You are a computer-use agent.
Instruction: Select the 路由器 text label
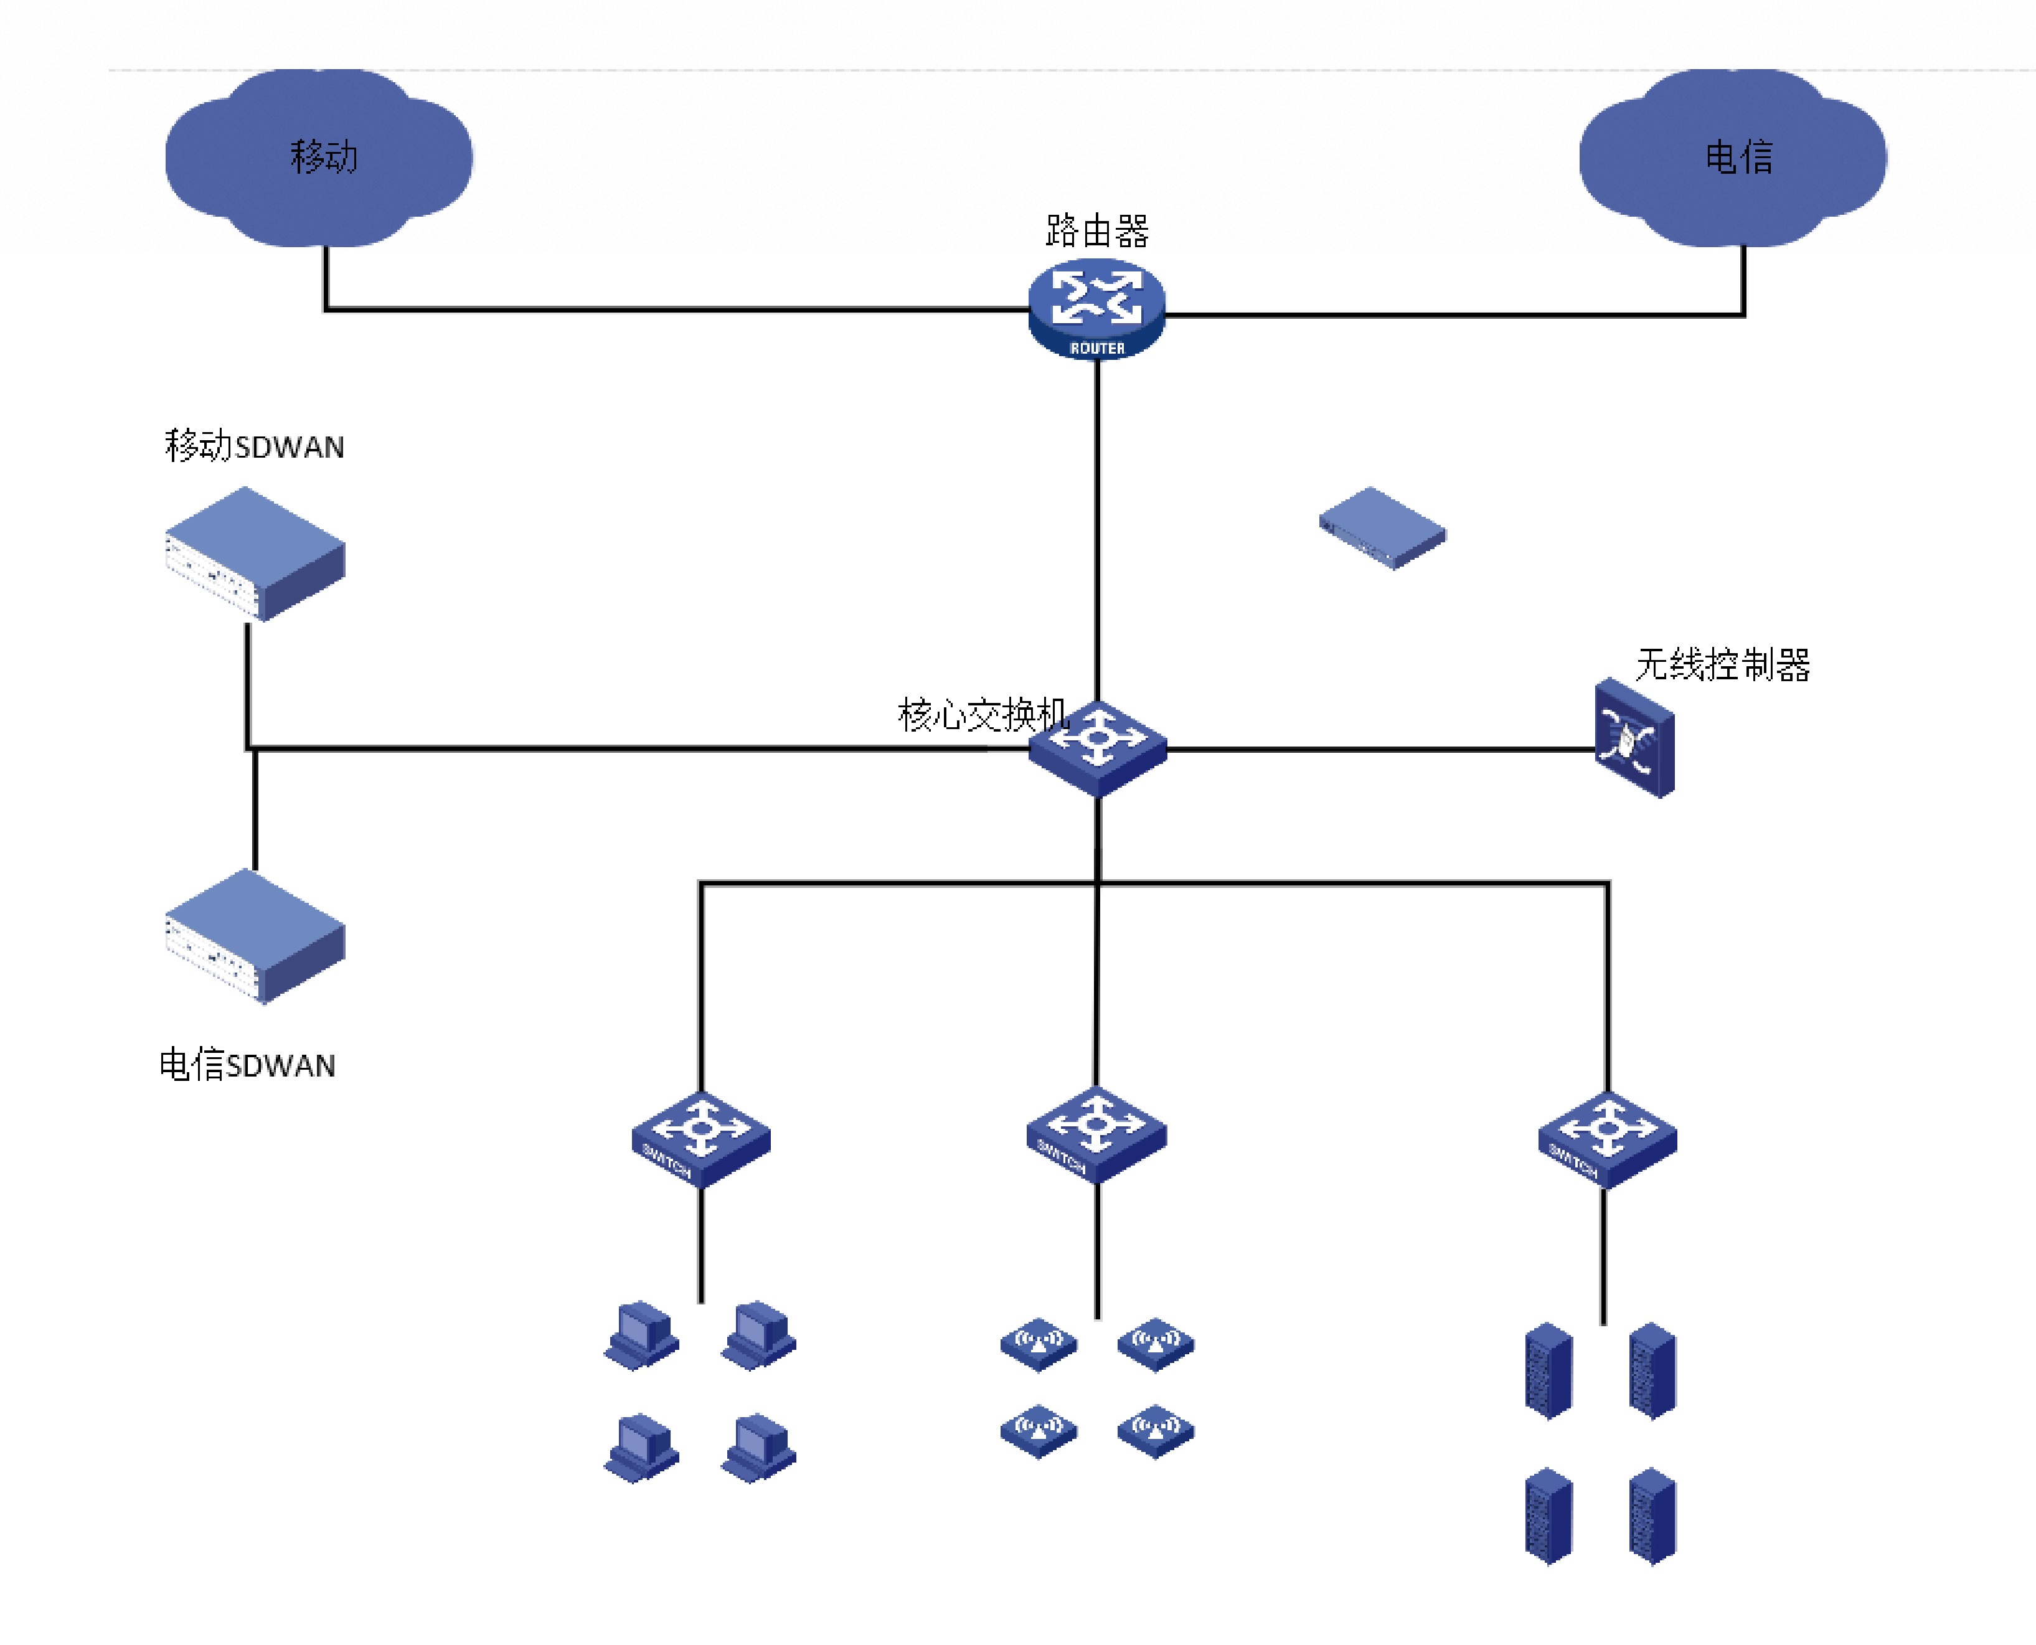point(1097,231)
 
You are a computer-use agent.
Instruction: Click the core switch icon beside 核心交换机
point(1097,748)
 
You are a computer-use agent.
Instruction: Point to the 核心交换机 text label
point(981,715)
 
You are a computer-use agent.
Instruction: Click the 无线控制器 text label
point(1722,665)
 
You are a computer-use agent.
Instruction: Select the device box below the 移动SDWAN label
point(255,554)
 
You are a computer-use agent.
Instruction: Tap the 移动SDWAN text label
point(255,446)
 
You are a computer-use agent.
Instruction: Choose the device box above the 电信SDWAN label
point(255,936)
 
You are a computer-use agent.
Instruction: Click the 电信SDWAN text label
point(247,1065)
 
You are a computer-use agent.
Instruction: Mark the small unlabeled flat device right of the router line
point(1382,528)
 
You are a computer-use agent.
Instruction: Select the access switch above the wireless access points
point(1096,1134)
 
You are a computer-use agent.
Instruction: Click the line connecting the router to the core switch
point(1097,530)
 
